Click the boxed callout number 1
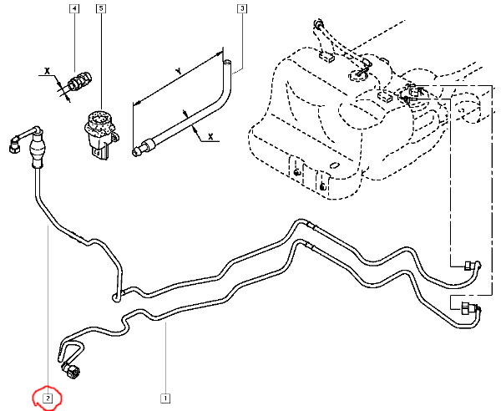point(166,398)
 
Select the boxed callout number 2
point(48,398)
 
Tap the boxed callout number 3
point(242,10)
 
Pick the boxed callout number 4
point(74,10)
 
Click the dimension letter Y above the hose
point(179,69)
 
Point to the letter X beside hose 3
point(210,135)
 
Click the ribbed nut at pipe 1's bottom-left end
point(68,371)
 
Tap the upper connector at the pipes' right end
point(471,268)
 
